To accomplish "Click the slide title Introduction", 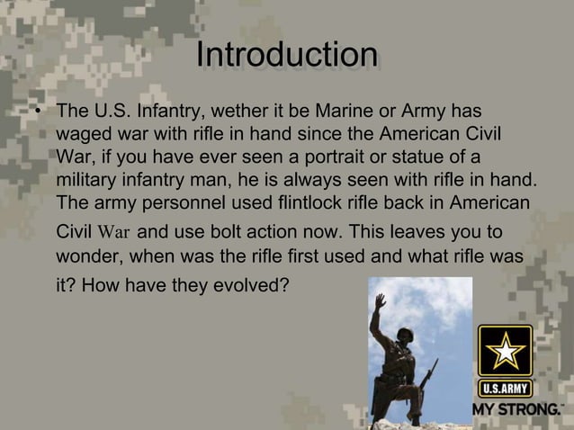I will pos(286,55).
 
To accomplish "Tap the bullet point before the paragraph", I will pos(39,114).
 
